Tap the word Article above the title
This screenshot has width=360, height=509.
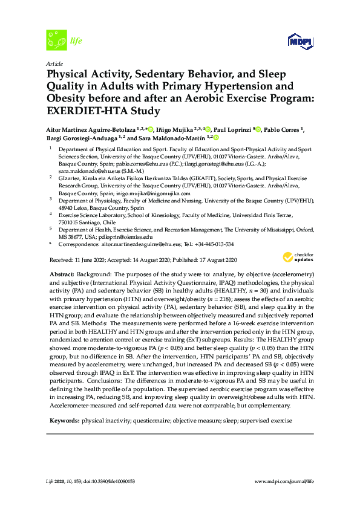[x=54, y=63]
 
